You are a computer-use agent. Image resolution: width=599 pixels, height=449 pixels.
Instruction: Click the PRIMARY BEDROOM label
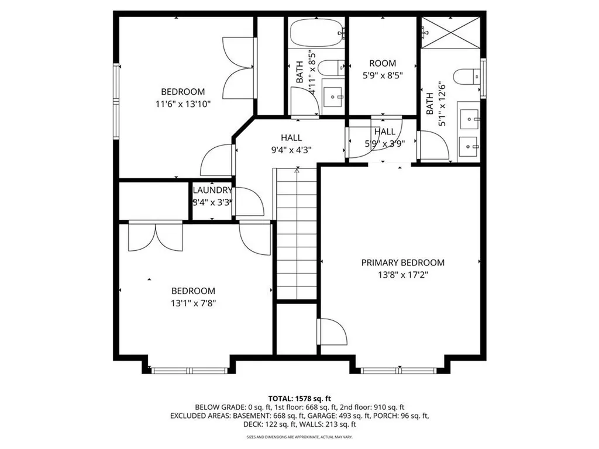[402, 263]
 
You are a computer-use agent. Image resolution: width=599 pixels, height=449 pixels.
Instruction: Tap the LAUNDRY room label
[212, 191]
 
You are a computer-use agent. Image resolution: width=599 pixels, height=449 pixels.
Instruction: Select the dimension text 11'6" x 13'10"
[183, 104]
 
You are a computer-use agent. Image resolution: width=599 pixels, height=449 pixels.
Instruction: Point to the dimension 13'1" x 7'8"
[192, 303]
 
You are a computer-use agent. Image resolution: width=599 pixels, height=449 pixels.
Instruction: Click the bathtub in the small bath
[316, 32]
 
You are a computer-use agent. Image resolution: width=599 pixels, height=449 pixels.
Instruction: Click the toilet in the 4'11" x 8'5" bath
[334, 67]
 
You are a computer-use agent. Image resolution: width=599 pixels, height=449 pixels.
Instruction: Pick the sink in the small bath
[333, 94]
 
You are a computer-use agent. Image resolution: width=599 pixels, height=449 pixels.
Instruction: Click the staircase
[297, 234]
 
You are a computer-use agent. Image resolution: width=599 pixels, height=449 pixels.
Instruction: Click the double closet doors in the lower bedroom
[156, 237]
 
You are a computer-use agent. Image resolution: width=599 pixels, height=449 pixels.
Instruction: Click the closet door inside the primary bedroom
[332, 332]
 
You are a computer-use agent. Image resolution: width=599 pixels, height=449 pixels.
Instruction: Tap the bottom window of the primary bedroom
[398, 370]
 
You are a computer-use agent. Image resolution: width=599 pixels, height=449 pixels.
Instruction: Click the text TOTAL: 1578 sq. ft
[299, 398]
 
